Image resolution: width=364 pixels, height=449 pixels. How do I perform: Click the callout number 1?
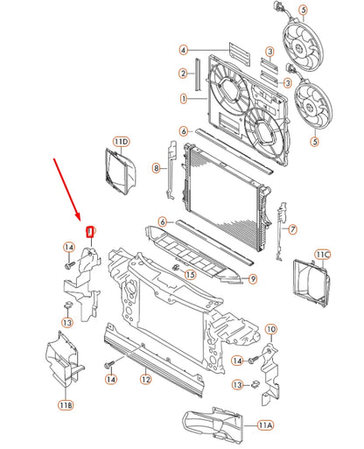point(185,99)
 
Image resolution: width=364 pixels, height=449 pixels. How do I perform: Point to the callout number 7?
point(292,229)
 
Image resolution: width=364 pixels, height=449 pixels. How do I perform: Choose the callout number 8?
point(157,167)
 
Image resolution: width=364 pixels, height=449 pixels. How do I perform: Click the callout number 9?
point(251,279)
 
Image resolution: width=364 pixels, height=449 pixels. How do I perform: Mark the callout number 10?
point(270,329)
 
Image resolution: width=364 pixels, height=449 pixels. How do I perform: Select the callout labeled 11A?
point(266,424)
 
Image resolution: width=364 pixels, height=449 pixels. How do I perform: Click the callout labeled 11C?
point(322,256)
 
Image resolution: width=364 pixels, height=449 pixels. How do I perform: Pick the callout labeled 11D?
point(121,141)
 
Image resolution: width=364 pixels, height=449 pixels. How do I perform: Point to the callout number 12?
point(146,380)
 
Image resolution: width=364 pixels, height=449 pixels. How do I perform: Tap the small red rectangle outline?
point(89,233)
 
